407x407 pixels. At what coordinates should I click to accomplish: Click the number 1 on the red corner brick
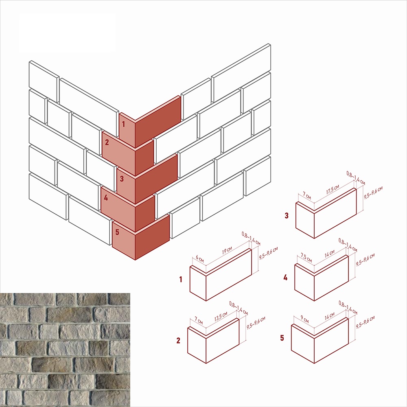(124, 124)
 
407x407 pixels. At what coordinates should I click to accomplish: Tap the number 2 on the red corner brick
(107, 142)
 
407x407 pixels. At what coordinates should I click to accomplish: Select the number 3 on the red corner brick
(122, 179)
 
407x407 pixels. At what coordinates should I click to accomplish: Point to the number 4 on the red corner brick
(106, 198)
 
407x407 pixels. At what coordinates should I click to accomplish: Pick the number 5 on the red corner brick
(117, 232)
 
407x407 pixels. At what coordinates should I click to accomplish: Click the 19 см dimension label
(227, 250)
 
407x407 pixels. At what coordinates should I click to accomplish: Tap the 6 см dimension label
(199, 258)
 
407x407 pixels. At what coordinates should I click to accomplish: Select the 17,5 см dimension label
(333, 190)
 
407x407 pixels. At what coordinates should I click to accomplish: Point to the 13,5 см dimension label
(221, 316)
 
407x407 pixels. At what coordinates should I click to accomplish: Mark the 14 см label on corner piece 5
(330, 316)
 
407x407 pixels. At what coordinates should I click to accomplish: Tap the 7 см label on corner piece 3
(307, 195)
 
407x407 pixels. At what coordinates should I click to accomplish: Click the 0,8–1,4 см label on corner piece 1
(251, 239)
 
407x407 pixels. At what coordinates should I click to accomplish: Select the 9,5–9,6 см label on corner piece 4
(365, 260)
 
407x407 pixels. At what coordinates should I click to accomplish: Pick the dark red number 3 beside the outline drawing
(287, 215)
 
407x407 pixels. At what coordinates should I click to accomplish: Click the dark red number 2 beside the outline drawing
(178, 341)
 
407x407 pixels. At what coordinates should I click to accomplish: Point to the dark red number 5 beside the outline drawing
(282, 338)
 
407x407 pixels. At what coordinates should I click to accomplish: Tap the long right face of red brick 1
(158, 121)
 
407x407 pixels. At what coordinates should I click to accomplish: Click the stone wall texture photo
(65, 350)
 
